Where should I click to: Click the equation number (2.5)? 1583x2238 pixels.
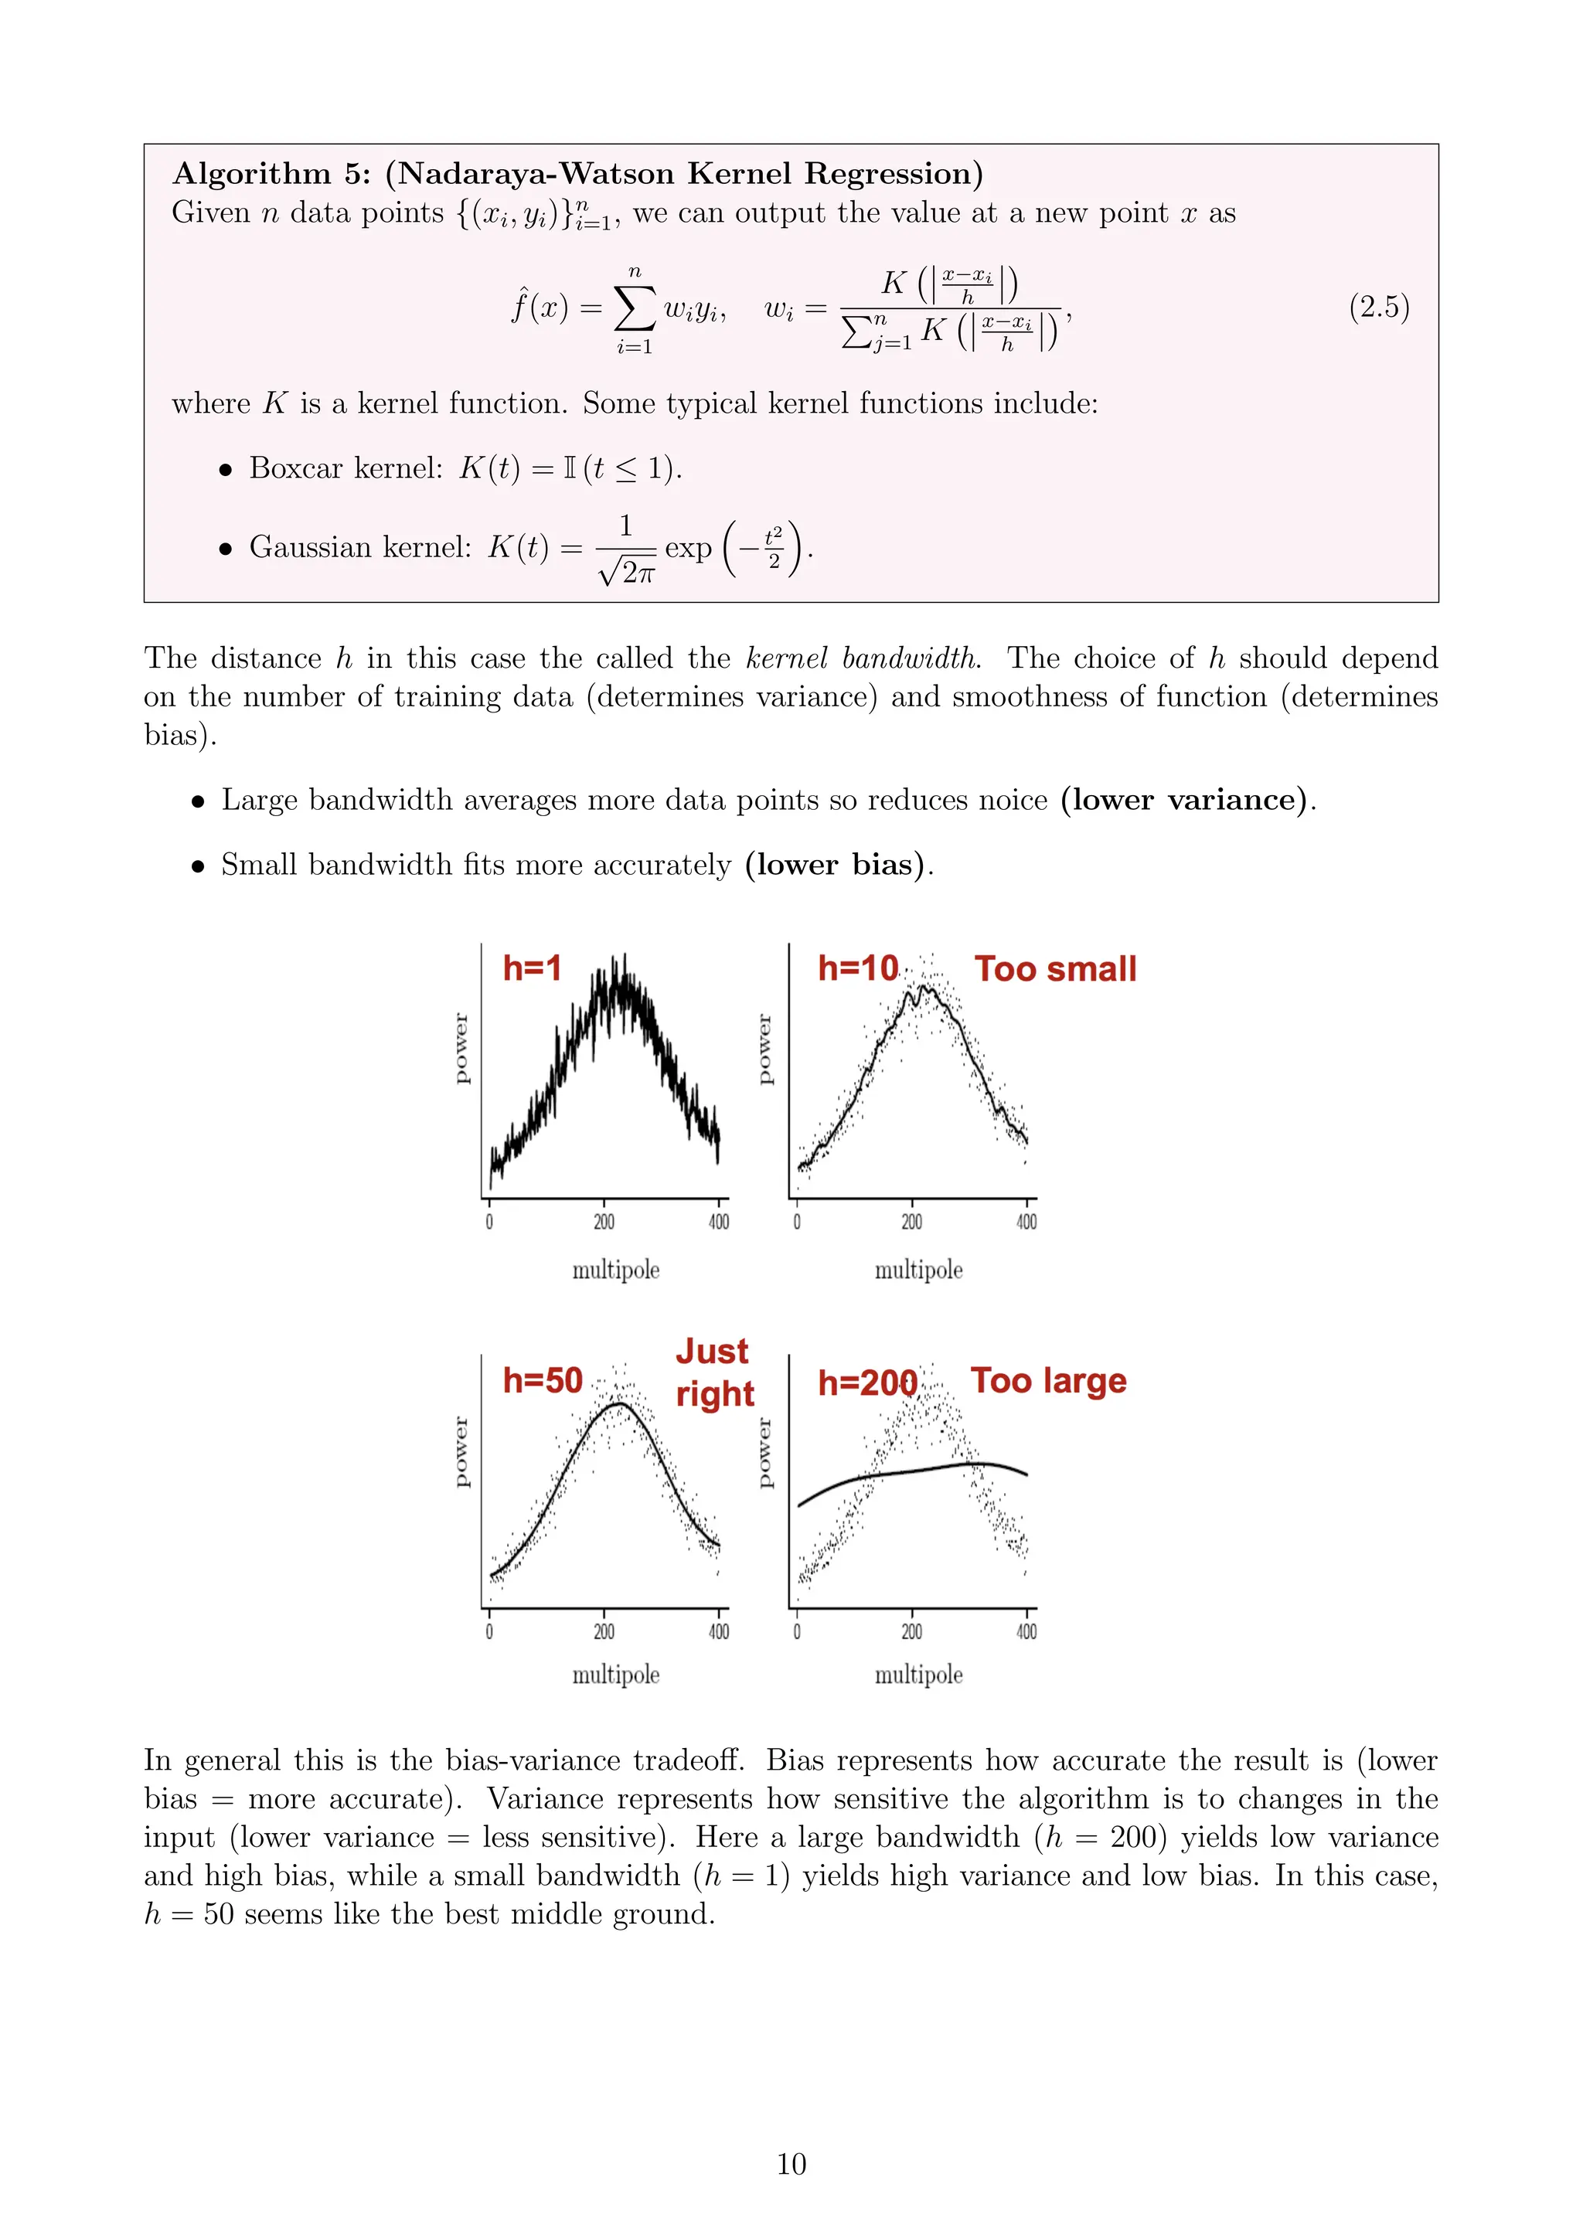pyautogui.click(x=1378, y=308)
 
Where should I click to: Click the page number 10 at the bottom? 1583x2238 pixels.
pyautogui.click(x=791, y=2163)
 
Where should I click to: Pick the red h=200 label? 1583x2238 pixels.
pyautogui.click(x=866, y=1383)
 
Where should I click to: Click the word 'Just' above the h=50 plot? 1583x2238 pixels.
pyautogui.click(x=712, y=1351)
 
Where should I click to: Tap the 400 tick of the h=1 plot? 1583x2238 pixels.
pyautogui.click(x=718, y=1223)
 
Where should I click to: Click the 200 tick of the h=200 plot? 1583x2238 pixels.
pyautogui.click(x=911, y=1631)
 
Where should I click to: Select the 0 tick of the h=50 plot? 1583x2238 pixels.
pyautogui.click(x=489, y=1631)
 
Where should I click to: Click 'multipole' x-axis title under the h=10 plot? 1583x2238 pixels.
pyautogui.click(x=918, y=1270)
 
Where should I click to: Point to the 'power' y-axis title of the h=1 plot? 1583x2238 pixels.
pyautogui.click(x=461, y=1049)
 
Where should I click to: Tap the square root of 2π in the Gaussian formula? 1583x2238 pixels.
pyautogui.click(x=627, y=571)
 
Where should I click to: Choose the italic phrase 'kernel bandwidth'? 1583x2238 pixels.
pyautogui.click(x=862, y=659)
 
